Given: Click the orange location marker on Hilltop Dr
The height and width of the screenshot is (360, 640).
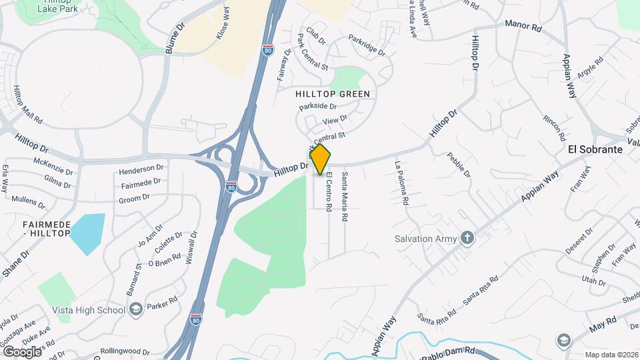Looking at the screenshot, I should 321,159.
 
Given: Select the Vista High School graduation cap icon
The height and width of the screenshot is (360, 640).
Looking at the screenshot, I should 137,309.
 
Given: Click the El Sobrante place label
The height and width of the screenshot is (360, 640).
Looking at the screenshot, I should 595,149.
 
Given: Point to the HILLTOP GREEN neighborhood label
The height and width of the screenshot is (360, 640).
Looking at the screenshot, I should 332,94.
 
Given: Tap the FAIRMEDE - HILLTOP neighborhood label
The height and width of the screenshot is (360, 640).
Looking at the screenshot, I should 46,229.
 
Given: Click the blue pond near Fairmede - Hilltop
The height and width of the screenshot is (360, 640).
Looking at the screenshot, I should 88,234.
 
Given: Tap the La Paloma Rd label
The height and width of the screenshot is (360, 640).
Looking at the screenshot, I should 402,182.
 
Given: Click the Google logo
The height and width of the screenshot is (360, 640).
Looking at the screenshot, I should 21,351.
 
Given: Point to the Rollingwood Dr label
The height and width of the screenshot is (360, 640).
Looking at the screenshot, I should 125,351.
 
